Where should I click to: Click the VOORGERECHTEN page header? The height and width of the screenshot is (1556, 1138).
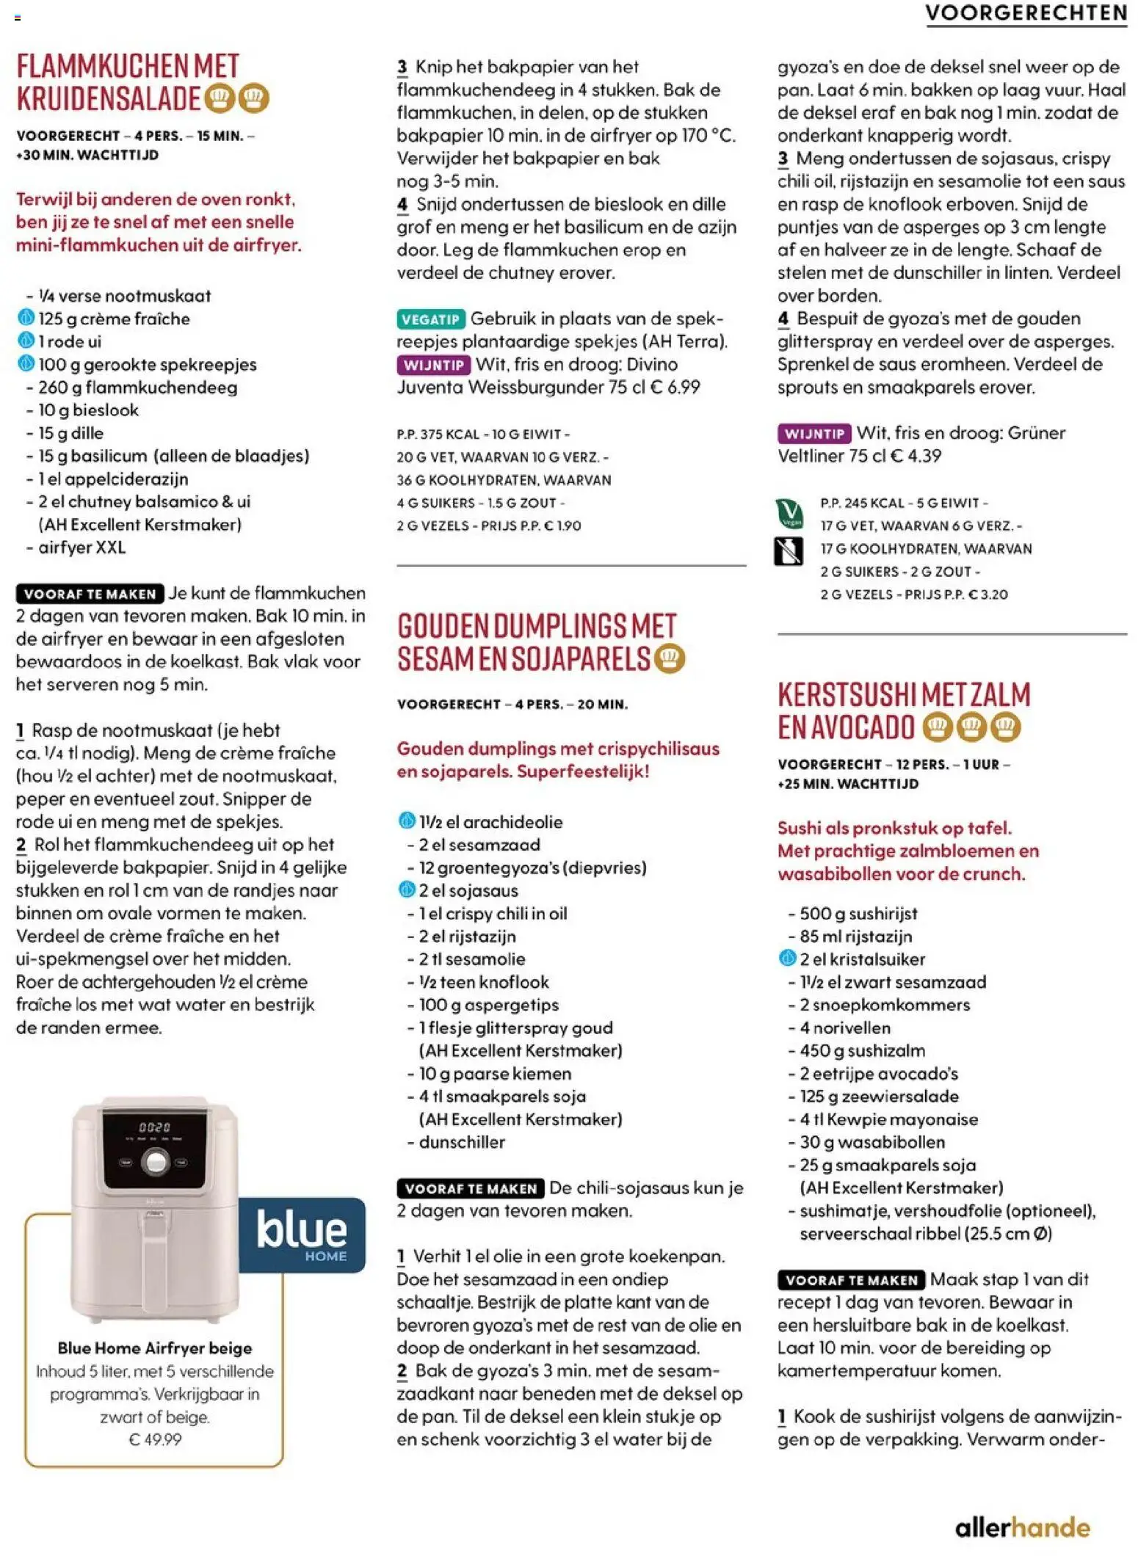coord(1025,13)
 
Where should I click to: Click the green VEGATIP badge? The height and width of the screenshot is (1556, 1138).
coord(430,319)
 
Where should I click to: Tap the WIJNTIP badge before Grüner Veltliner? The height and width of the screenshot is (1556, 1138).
coord(813,434)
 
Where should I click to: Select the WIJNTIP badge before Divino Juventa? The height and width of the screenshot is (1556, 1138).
coord(433,365)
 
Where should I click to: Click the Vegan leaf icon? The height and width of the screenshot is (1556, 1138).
coord(789,512)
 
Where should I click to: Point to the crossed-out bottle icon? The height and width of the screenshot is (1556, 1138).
coord(789,550)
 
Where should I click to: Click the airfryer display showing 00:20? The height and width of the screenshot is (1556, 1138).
coord(154,1127)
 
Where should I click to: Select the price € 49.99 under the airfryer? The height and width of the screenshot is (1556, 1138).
coord(155,1439)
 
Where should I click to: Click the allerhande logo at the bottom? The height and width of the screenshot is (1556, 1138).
coord(1022,1528)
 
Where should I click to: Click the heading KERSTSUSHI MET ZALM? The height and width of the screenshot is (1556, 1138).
coord(903,694)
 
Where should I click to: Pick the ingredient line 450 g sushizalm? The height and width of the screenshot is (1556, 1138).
coord(862,1050)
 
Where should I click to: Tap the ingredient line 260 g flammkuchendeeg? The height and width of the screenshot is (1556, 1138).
coord(137,388)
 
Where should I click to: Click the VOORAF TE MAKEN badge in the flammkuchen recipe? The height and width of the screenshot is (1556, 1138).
coord(90,594)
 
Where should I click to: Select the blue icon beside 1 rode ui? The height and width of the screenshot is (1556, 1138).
coord(26,341)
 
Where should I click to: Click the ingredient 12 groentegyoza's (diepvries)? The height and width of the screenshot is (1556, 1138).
coord(532,868)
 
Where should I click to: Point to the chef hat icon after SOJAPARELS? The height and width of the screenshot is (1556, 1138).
coord(669,658)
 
